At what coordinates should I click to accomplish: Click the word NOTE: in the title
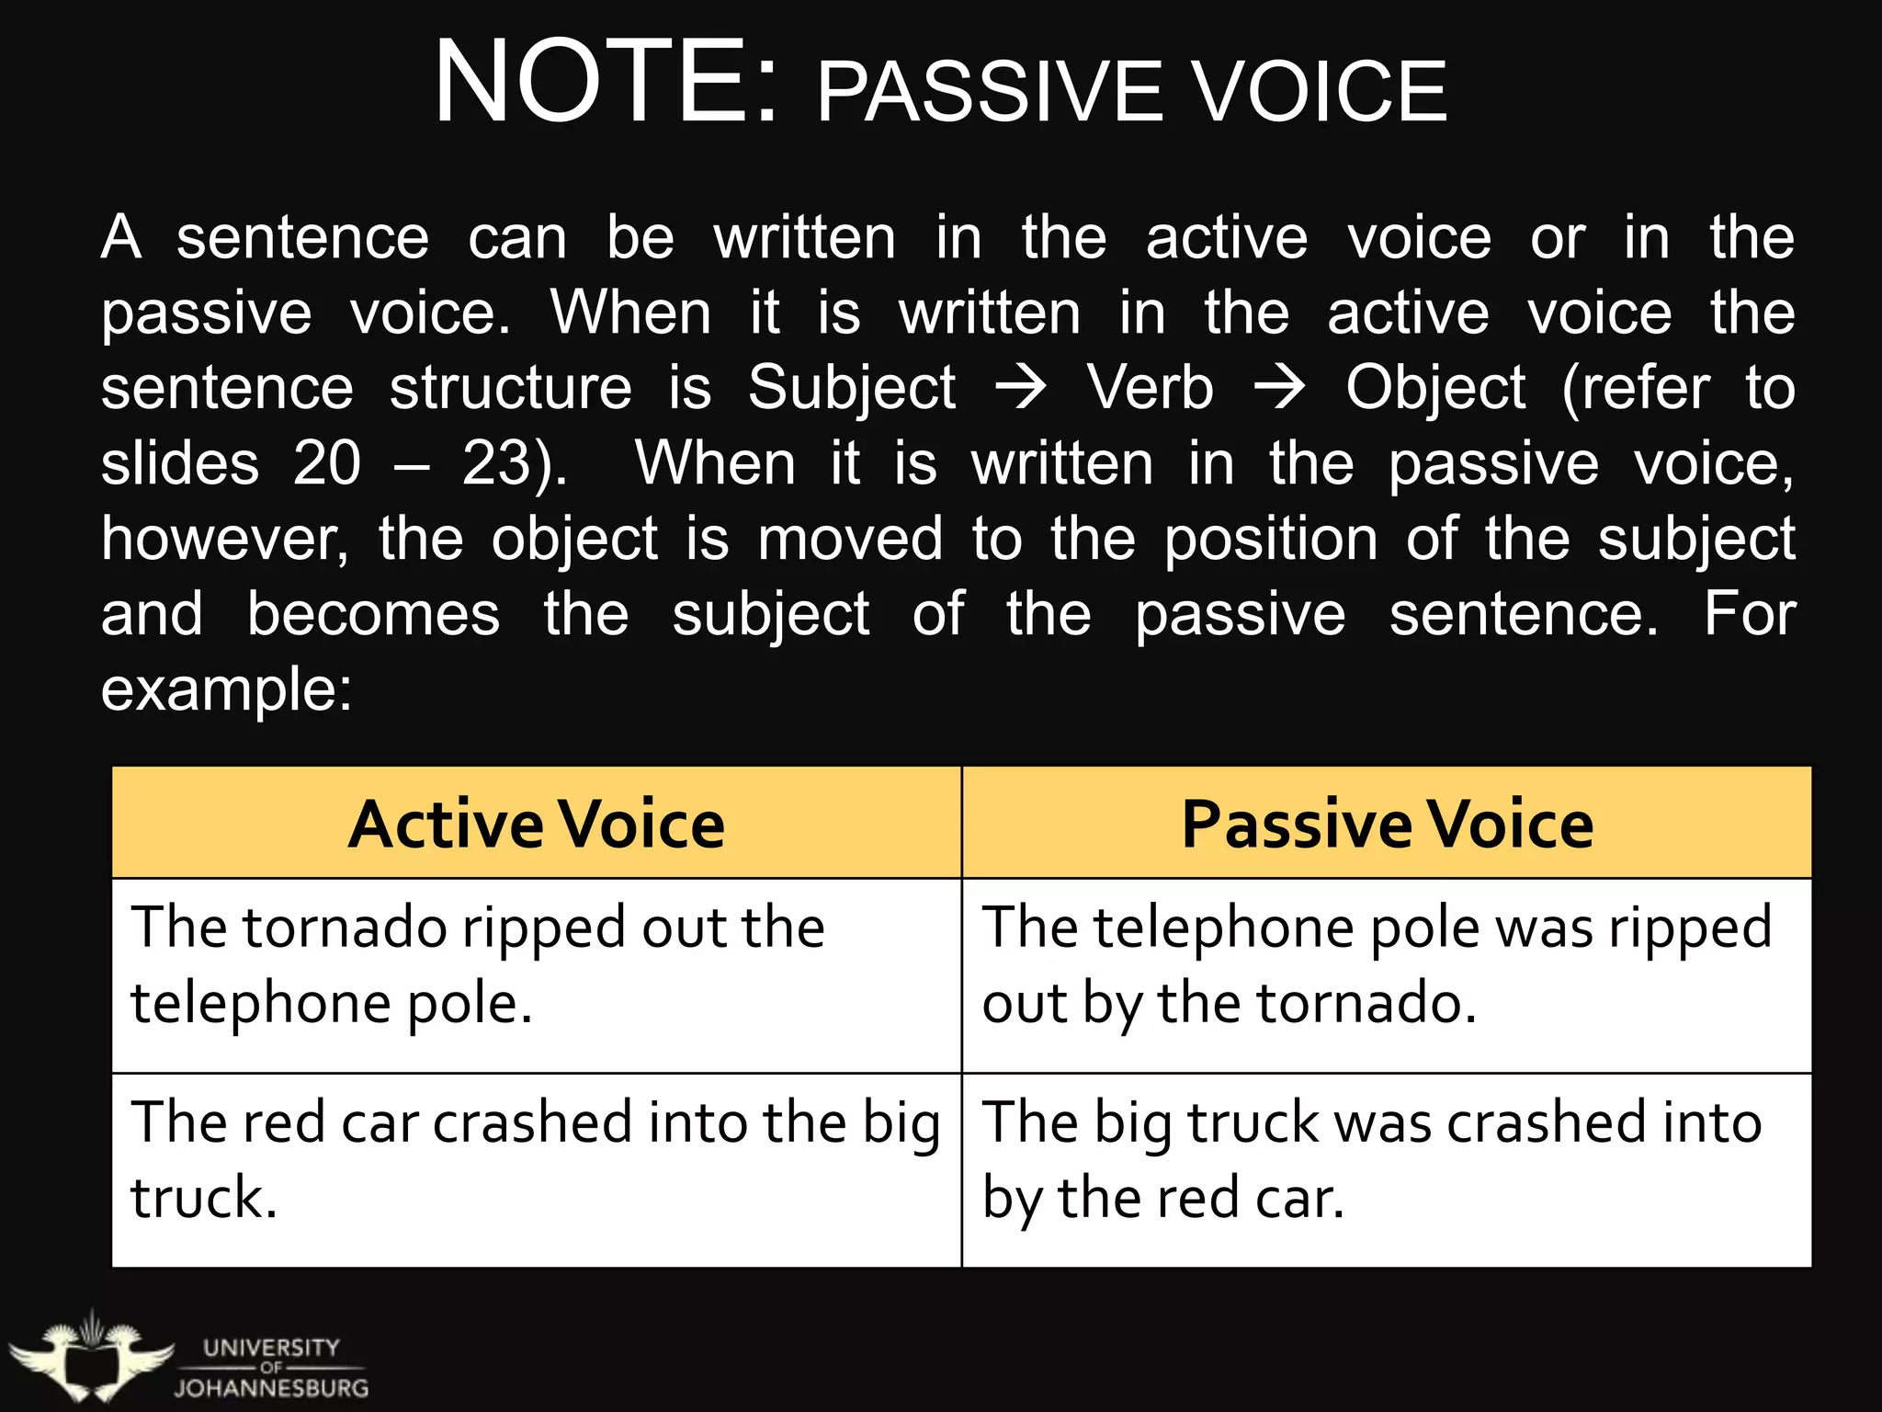[607, 83]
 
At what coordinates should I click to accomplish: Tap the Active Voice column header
[537, 824]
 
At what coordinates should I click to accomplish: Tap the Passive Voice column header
[1387, 824]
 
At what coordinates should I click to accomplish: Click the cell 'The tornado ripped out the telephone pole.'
[537, 974]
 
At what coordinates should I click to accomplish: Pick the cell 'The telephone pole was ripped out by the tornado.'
[1387, 974]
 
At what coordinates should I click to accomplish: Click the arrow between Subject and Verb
[1021, 387]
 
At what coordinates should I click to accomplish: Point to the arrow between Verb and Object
[1279, 387]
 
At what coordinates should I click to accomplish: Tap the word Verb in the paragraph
[1150, 387]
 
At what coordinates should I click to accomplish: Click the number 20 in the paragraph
[327, 463]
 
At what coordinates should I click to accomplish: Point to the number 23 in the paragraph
[497, 463]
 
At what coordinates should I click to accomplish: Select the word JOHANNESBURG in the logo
[271, 1388]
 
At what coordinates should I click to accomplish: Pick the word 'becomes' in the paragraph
[373, 614]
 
